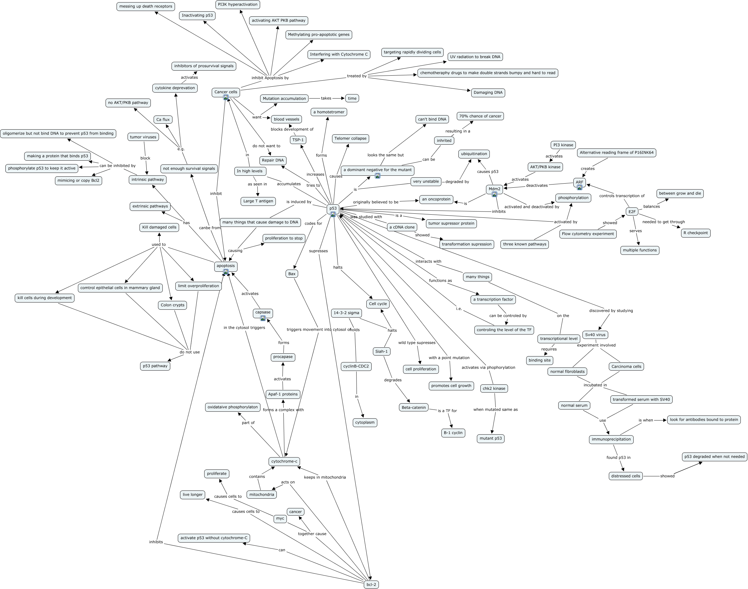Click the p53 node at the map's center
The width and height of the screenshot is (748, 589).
(x=333, y=208)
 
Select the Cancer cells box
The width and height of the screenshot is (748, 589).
(x=226, y=92)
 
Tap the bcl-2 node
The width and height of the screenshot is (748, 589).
(x=371, y=585)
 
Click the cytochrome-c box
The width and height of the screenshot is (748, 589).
(x=284, y=461)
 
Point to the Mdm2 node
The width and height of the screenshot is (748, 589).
(x=494, y=189)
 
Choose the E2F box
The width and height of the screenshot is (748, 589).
(x=632, y=212)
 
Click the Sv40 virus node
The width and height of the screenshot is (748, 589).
(x=595, y=335)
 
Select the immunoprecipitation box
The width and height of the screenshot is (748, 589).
(x=611, y=439)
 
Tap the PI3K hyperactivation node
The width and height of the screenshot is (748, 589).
(x=238, y=4)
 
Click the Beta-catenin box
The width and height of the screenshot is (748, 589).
(x=413, y=408)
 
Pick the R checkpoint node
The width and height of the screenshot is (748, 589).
(x=696, y=233)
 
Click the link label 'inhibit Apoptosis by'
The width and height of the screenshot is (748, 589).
(x=270, y=78)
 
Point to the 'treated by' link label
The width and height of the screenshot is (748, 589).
(x=357, y=76)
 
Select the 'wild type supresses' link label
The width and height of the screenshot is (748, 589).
(x=417, y=343)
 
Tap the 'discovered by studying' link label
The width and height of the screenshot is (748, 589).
(x=611, y=311)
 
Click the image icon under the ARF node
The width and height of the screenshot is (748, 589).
(x=579, y=188)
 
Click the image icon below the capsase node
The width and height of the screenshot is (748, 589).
(x=263, y=318)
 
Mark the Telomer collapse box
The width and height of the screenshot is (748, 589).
(x=350, y=139)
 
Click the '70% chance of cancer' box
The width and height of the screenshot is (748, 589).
(x=480, y=116)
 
